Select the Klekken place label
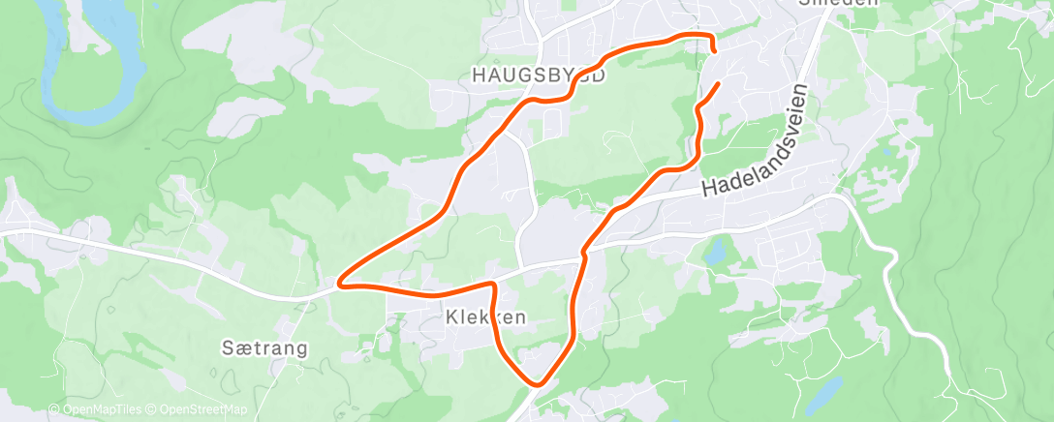(486, 316)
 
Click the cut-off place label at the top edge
(838, 3)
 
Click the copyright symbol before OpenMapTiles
(54, 410)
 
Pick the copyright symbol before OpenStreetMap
(156, 410)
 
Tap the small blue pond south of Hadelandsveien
(715, 254)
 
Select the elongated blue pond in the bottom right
(825, 392)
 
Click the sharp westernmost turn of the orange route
(339, 284)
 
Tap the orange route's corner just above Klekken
(494, 285)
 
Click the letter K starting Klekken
(452, 316)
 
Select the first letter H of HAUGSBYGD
(477, 75)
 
